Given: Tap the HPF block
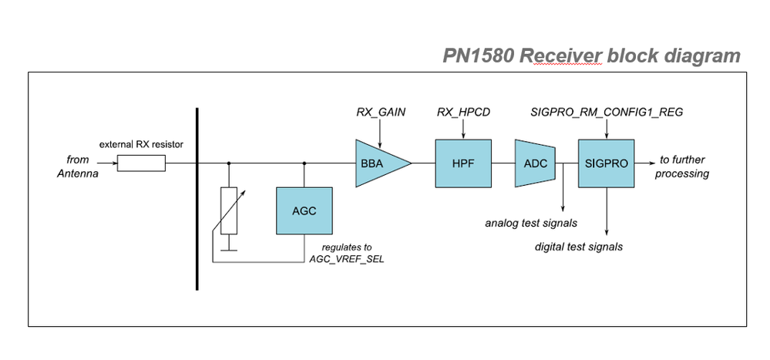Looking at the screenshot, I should click(x=463, y=163).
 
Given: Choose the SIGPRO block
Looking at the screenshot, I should click(x=606, y=163).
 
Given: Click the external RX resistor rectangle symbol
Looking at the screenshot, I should click(x=141, y=163).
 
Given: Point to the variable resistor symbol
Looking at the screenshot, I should click(x=228, y=210).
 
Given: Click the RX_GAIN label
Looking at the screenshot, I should click(x=381, y=113).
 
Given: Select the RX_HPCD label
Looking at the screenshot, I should click(x=463, y=113).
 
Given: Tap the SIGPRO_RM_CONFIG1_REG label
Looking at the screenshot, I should click(x=607, y=113).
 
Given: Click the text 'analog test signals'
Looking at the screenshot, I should click(x=531, y=224).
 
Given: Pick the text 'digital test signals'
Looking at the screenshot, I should click(x=579, y=247).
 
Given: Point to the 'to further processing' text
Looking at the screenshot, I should click(x=683, y=167).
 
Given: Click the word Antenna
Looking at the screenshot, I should click(x=78, y=173).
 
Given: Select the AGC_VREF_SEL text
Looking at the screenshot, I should click(x=341, y=259).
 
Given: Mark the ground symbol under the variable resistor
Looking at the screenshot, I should click(x=228, y=248).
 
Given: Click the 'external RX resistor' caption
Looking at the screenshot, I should click(x=141, y=144).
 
